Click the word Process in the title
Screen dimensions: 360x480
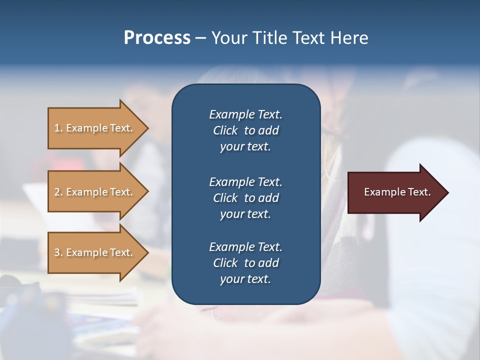tap(157, 38)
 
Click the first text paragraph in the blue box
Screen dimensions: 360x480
tap(245, 130)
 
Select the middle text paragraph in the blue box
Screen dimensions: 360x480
tap(245, 198)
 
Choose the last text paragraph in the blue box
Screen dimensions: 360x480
tap(245, 263)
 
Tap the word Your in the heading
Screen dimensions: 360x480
tap(228, 38)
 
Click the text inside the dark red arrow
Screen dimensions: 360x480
tap(397, 192)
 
